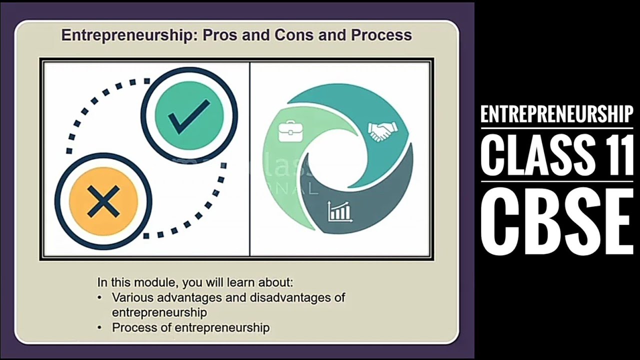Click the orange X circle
pos(103,201)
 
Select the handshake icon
pos(382,131)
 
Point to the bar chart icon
pos(339,211)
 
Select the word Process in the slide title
pos(381,35)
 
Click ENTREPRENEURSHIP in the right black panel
pos(556,114)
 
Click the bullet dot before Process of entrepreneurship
pos(100,328)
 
